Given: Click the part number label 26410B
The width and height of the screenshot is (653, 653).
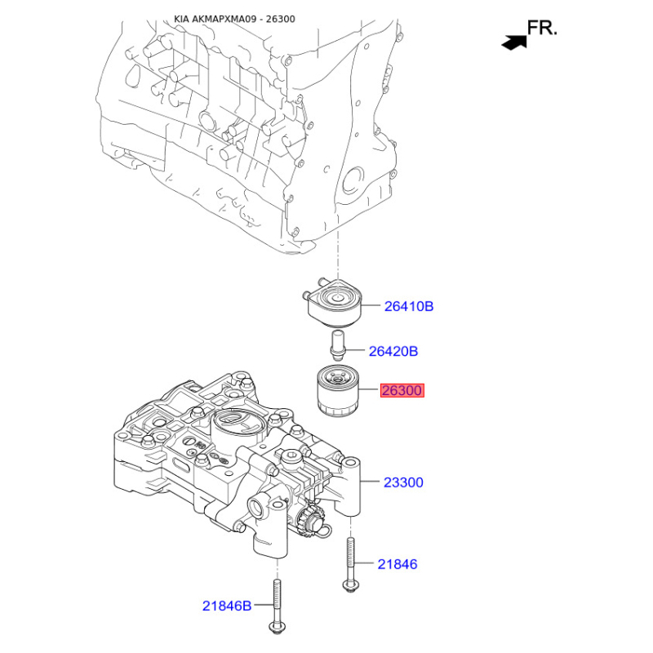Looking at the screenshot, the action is click(409, 306).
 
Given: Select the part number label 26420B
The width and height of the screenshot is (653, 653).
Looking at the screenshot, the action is click(393, 351).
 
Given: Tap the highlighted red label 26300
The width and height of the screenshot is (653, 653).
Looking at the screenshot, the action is click(402, 390).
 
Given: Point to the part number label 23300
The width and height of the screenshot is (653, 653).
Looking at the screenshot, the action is click(403, 482).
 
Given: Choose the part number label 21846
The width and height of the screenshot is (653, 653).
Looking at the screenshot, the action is click(398, 564).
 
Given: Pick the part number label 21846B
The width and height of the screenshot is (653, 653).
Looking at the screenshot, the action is click(227, 606).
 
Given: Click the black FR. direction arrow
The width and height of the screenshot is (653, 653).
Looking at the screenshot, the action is click(514, 42).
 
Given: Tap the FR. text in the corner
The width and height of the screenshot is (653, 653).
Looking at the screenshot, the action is click(542, 28).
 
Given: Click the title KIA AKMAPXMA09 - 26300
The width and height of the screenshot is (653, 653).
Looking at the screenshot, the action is click(234, 19).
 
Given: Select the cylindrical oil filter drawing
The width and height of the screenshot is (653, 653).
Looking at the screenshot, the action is click(338, 390).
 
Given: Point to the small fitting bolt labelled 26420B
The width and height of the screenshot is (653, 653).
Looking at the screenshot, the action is click(337, 345).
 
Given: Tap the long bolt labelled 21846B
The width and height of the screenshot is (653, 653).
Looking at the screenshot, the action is click(277, 606).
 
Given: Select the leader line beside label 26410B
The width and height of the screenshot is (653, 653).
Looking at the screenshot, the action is click(371, 305).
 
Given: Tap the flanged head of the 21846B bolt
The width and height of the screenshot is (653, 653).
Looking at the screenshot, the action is click(278, 627).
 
